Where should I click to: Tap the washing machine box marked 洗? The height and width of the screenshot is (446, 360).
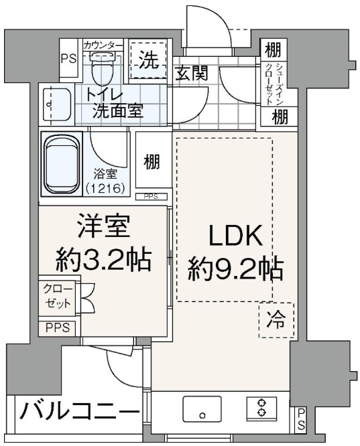[x=148, y=61]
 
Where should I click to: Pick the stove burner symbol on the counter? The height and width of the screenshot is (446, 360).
[x=261, y=408]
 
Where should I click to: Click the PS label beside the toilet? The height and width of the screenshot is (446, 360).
[x=69, y=59]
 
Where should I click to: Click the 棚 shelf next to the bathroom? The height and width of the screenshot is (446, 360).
[x=152, y=161]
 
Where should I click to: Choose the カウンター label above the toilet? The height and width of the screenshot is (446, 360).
[x=103, y=45]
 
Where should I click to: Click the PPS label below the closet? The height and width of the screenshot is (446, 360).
[x=57, y=328]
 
